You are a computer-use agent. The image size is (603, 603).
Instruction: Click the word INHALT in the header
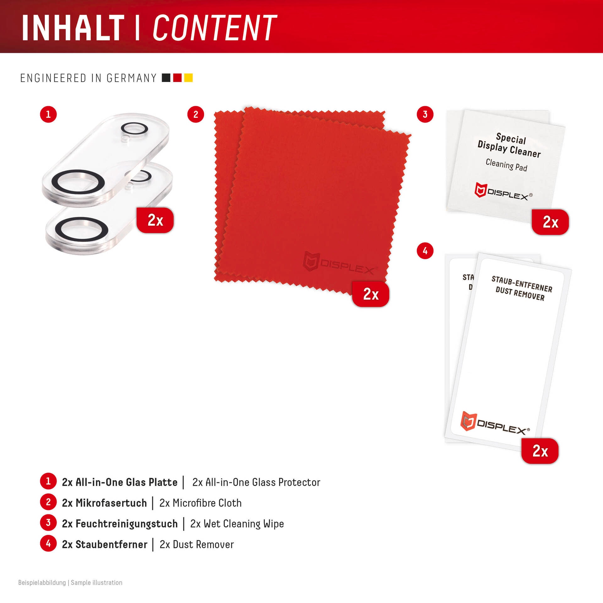coord(73,28)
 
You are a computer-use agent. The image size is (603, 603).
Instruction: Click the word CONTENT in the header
coord(215,28)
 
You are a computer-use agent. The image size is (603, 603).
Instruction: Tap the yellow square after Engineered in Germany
coord(188,78)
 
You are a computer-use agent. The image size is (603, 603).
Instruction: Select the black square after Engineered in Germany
coord(166,78)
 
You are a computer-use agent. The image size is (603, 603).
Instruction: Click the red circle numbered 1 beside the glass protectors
coord(48,114)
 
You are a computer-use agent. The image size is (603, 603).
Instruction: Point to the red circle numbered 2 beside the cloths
coord(196,114)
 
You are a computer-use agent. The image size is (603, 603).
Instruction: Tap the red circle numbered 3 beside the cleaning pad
coord(425,114)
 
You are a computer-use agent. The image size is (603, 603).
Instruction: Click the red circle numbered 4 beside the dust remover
coord(425,251)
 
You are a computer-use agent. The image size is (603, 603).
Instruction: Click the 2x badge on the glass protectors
coord(155,220)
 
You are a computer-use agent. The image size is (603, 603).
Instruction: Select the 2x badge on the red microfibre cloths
coord(371,294)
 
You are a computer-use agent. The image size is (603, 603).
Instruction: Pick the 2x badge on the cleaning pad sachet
coord(550,222)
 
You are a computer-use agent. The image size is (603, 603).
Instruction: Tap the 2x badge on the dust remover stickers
coord(540,451)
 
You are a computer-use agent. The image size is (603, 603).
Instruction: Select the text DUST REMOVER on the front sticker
coord(520,294)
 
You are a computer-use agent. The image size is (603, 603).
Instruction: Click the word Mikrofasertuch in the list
coord(111,503)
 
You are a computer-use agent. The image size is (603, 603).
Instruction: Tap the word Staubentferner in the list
coord(111,544)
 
